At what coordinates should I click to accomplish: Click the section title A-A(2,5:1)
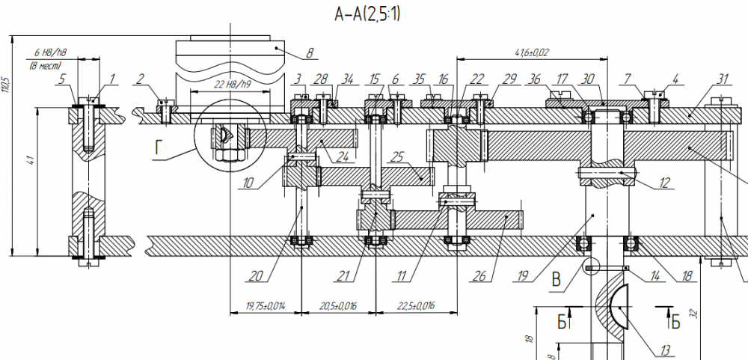click(x=367, y=14)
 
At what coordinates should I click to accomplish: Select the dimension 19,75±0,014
click(x=263, y=306)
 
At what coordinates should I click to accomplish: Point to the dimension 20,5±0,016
click(x=337, y=306)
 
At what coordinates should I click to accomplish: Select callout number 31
click(x=722, y=79)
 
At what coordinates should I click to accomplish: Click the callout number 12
click(x=663, y=181)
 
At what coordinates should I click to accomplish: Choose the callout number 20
click(x=256, y=275)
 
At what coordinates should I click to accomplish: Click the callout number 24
click(x=343, y=157)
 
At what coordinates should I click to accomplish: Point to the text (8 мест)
click(x=47, y=67)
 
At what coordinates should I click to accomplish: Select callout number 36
click(x=534, y=79)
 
